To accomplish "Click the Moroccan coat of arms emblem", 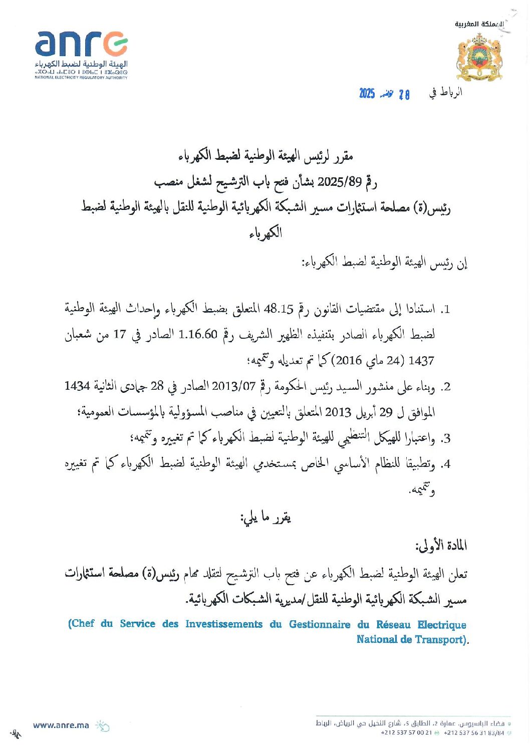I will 479,58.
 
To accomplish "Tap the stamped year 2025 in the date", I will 367,94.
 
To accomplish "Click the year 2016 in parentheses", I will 348,360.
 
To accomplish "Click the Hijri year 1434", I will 77,386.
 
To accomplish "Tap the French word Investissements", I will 224,624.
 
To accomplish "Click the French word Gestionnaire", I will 320,624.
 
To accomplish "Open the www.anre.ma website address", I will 61,725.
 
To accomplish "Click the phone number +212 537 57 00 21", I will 406,732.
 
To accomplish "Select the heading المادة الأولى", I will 441,546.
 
